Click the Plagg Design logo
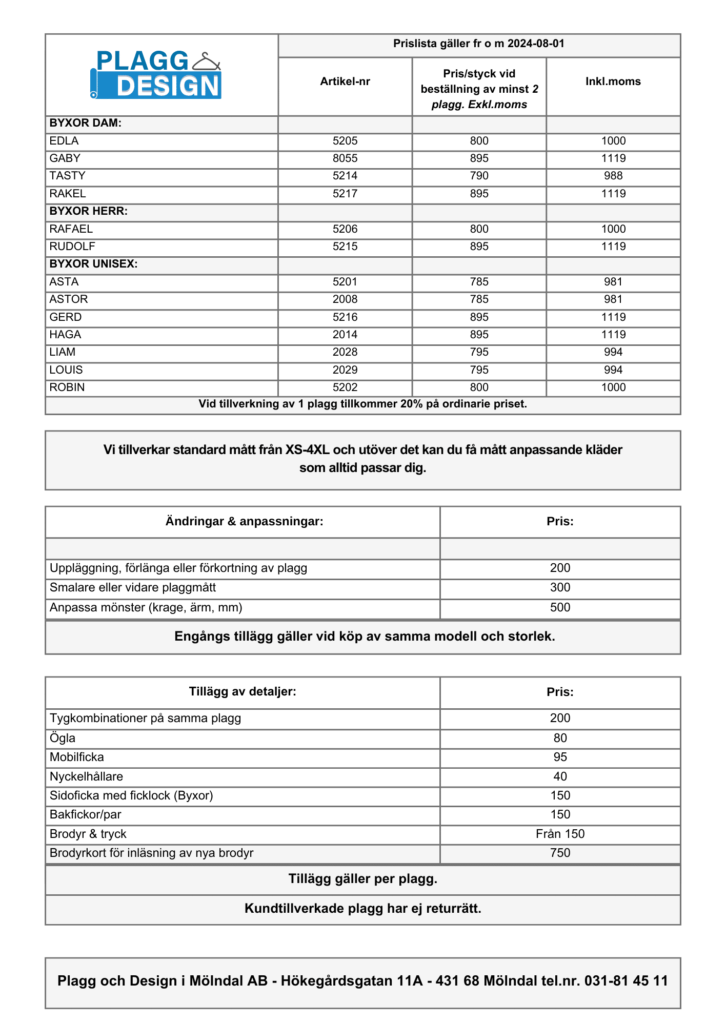tap(156, 75)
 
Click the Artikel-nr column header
tap(345, 81)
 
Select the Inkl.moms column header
tap(613, 81)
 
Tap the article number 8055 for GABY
tap(345, 158)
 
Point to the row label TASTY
tap(67, 176)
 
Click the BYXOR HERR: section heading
tap(88, 211)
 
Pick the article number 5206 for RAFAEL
tap(345, 229)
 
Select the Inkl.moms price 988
tap(613, 176)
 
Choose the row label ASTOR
tap(69, 299)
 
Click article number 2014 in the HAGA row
tap(345, 335)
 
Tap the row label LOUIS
tap(66, 370)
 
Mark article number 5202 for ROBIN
tap(345, 387)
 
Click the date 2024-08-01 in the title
tap(536, 44)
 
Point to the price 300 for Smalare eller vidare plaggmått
tap(560, 587)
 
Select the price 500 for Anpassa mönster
tap(560, 607)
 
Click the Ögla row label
tap(63, 738)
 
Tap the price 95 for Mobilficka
tap(560, 757)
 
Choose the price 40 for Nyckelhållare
tap(560, 776)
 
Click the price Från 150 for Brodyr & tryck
tap(560, 834)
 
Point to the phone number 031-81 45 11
tap(626, 981)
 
